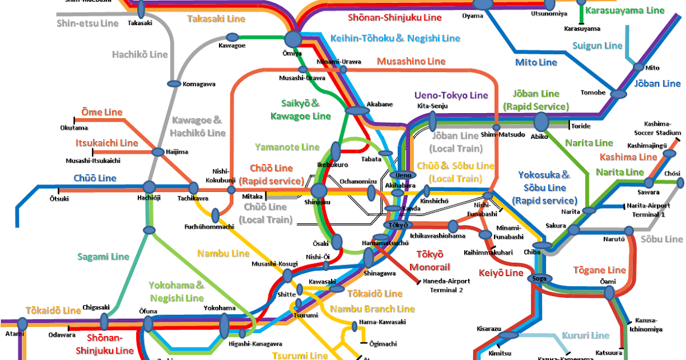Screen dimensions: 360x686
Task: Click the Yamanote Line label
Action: tap(287, 147)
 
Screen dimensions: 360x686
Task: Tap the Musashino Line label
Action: tap(411, 61)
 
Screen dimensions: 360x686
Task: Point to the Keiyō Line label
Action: tap(501, 273)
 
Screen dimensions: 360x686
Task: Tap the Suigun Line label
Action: tap(597, 45)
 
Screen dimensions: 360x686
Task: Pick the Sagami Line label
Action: tap(103, 257)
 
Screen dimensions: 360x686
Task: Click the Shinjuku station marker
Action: tap(318, 191)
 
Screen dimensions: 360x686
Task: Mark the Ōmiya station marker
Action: tap(293, 39)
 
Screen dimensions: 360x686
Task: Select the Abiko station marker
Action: tap(541, 121)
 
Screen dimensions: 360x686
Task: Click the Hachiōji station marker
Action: tap(149, 186)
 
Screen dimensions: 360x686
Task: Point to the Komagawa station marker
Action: tap(174, 84)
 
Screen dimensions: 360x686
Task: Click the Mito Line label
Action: tap(536, 62)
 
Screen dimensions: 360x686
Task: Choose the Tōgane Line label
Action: tap(600, 270)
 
